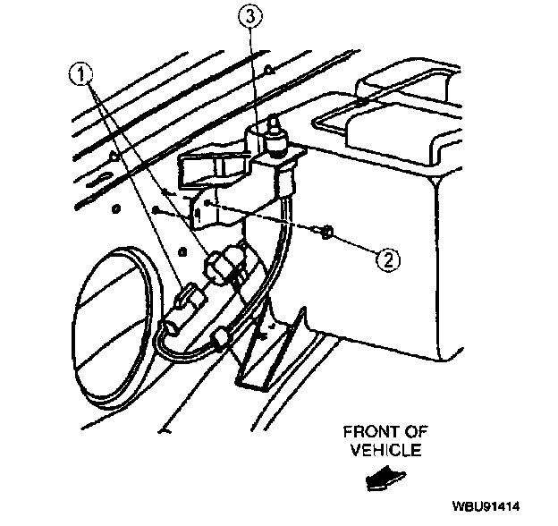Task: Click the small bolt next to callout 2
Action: (326, 233)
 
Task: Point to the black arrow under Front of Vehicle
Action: (386, 480)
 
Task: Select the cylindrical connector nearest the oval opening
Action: (184, 308)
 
